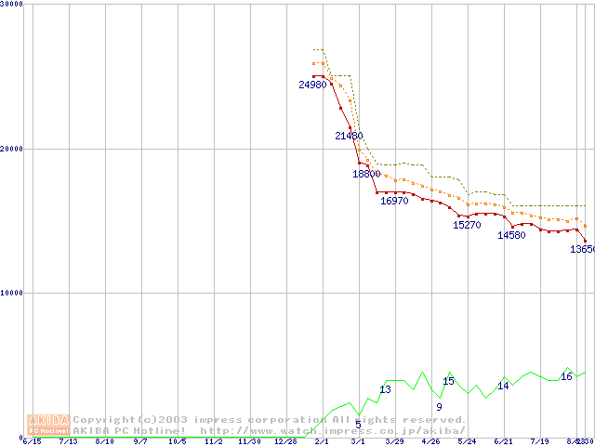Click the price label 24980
[313, 85]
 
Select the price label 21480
[349, 136]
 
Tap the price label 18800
[366, 174]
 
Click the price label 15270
[467, 225]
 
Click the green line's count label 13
[385, 389]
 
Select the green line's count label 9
[439, 407]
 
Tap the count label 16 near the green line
[566, 376]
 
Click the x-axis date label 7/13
[68, 441]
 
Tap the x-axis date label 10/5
[177, 441]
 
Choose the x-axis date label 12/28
[284, 441]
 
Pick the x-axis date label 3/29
[394, 441]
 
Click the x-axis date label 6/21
[503, 441]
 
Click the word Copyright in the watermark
[105, 420]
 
